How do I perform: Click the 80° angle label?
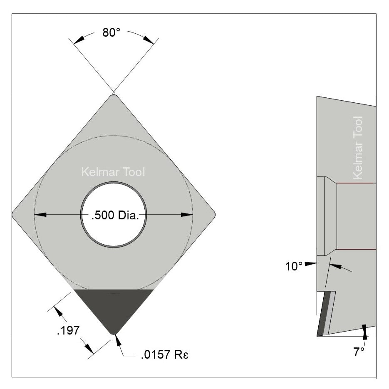click(x=111, y=33)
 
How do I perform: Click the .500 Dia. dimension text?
click(x=114, y=215)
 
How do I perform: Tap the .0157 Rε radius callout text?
click(x=162, y=355)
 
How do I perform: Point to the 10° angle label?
click(x=294, y=266)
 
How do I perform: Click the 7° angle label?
click(x=359, y=352)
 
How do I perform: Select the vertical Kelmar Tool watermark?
click(x=357, y=148)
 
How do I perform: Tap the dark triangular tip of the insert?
click(x=114, y=308)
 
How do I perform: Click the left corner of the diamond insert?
click(x=13, y=215)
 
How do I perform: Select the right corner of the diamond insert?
click(x=214, y=215)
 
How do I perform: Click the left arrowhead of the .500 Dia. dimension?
click(x=40, y=215)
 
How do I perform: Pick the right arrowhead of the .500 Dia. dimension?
click(x=187, y=215)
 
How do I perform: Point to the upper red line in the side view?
click(x=356, y=183)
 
